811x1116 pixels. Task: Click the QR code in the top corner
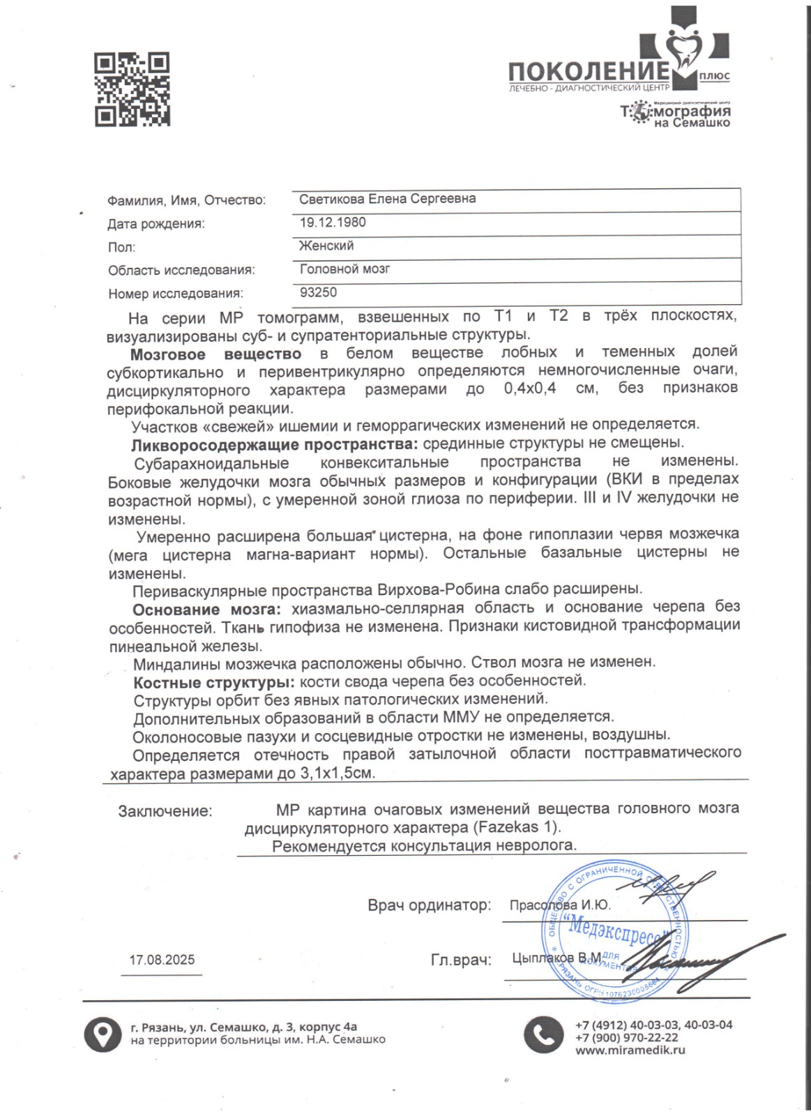[132, 90]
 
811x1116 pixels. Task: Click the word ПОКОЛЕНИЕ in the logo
[589, 72]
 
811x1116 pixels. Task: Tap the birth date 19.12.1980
[333, 223]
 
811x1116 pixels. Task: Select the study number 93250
[318, 293]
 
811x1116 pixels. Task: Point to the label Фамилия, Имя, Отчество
[186, 201]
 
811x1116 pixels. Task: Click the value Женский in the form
[326, 246]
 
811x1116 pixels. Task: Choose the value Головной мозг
[344, 269]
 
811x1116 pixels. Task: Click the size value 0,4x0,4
[530, 389]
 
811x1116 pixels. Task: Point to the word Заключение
[165, 811]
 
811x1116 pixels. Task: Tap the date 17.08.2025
[162, 960]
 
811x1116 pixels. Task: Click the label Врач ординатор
[429, 905]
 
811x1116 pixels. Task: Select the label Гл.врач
[461, 960]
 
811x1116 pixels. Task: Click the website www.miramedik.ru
[630, 1050]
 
